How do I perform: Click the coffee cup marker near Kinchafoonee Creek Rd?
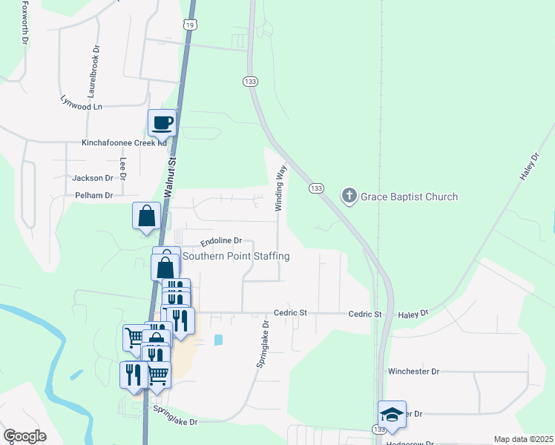[162, 123]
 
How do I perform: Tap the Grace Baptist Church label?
[409, 197]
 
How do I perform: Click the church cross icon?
[349, 197]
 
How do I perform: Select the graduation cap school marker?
[392, 415]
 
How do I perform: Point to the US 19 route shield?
[191, 24]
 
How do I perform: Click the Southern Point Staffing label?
[236, 256]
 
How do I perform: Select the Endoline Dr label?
[222, 241]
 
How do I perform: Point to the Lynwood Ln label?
[81, 107]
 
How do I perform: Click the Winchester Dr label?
[413, 371]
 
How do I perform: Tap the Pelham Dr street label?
[93, 196]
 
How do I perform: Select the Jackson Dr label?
[92, 178]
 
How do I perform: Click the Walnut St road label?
[170, 175]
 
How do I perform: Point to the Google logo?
[24, 436]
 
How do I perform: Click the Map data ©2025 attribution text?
[523, 439]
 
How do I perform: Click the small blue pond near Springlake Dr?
[218, 340]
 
